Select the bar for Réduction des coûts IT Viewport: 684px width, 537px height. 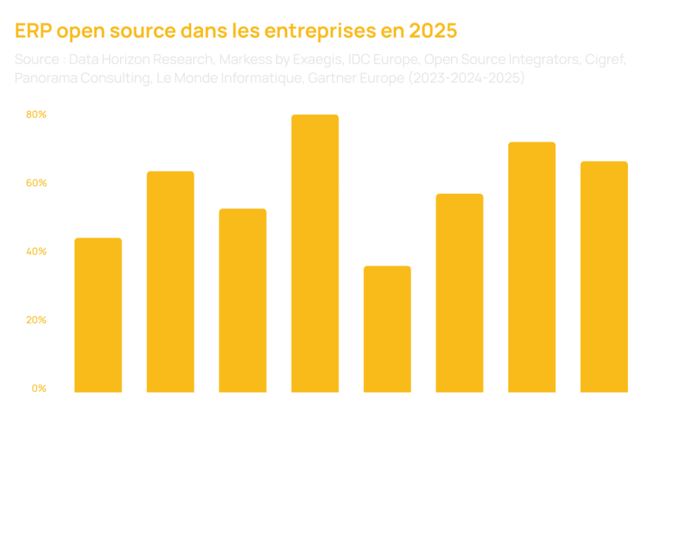387,328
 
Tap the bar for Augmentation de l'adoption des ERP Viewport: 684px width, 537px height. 98,314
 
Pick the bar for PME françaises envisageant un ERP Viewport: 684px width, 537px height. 170,281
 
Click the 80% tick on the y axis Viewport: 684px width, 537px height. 37,115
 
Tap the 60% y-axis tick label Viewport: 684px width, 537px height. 37,184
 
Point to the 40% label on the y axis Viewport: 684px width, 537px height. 37,252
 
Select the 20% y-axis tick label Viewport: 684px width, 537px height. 37,321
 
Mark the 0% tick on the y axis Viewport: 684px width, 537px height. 39,389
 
